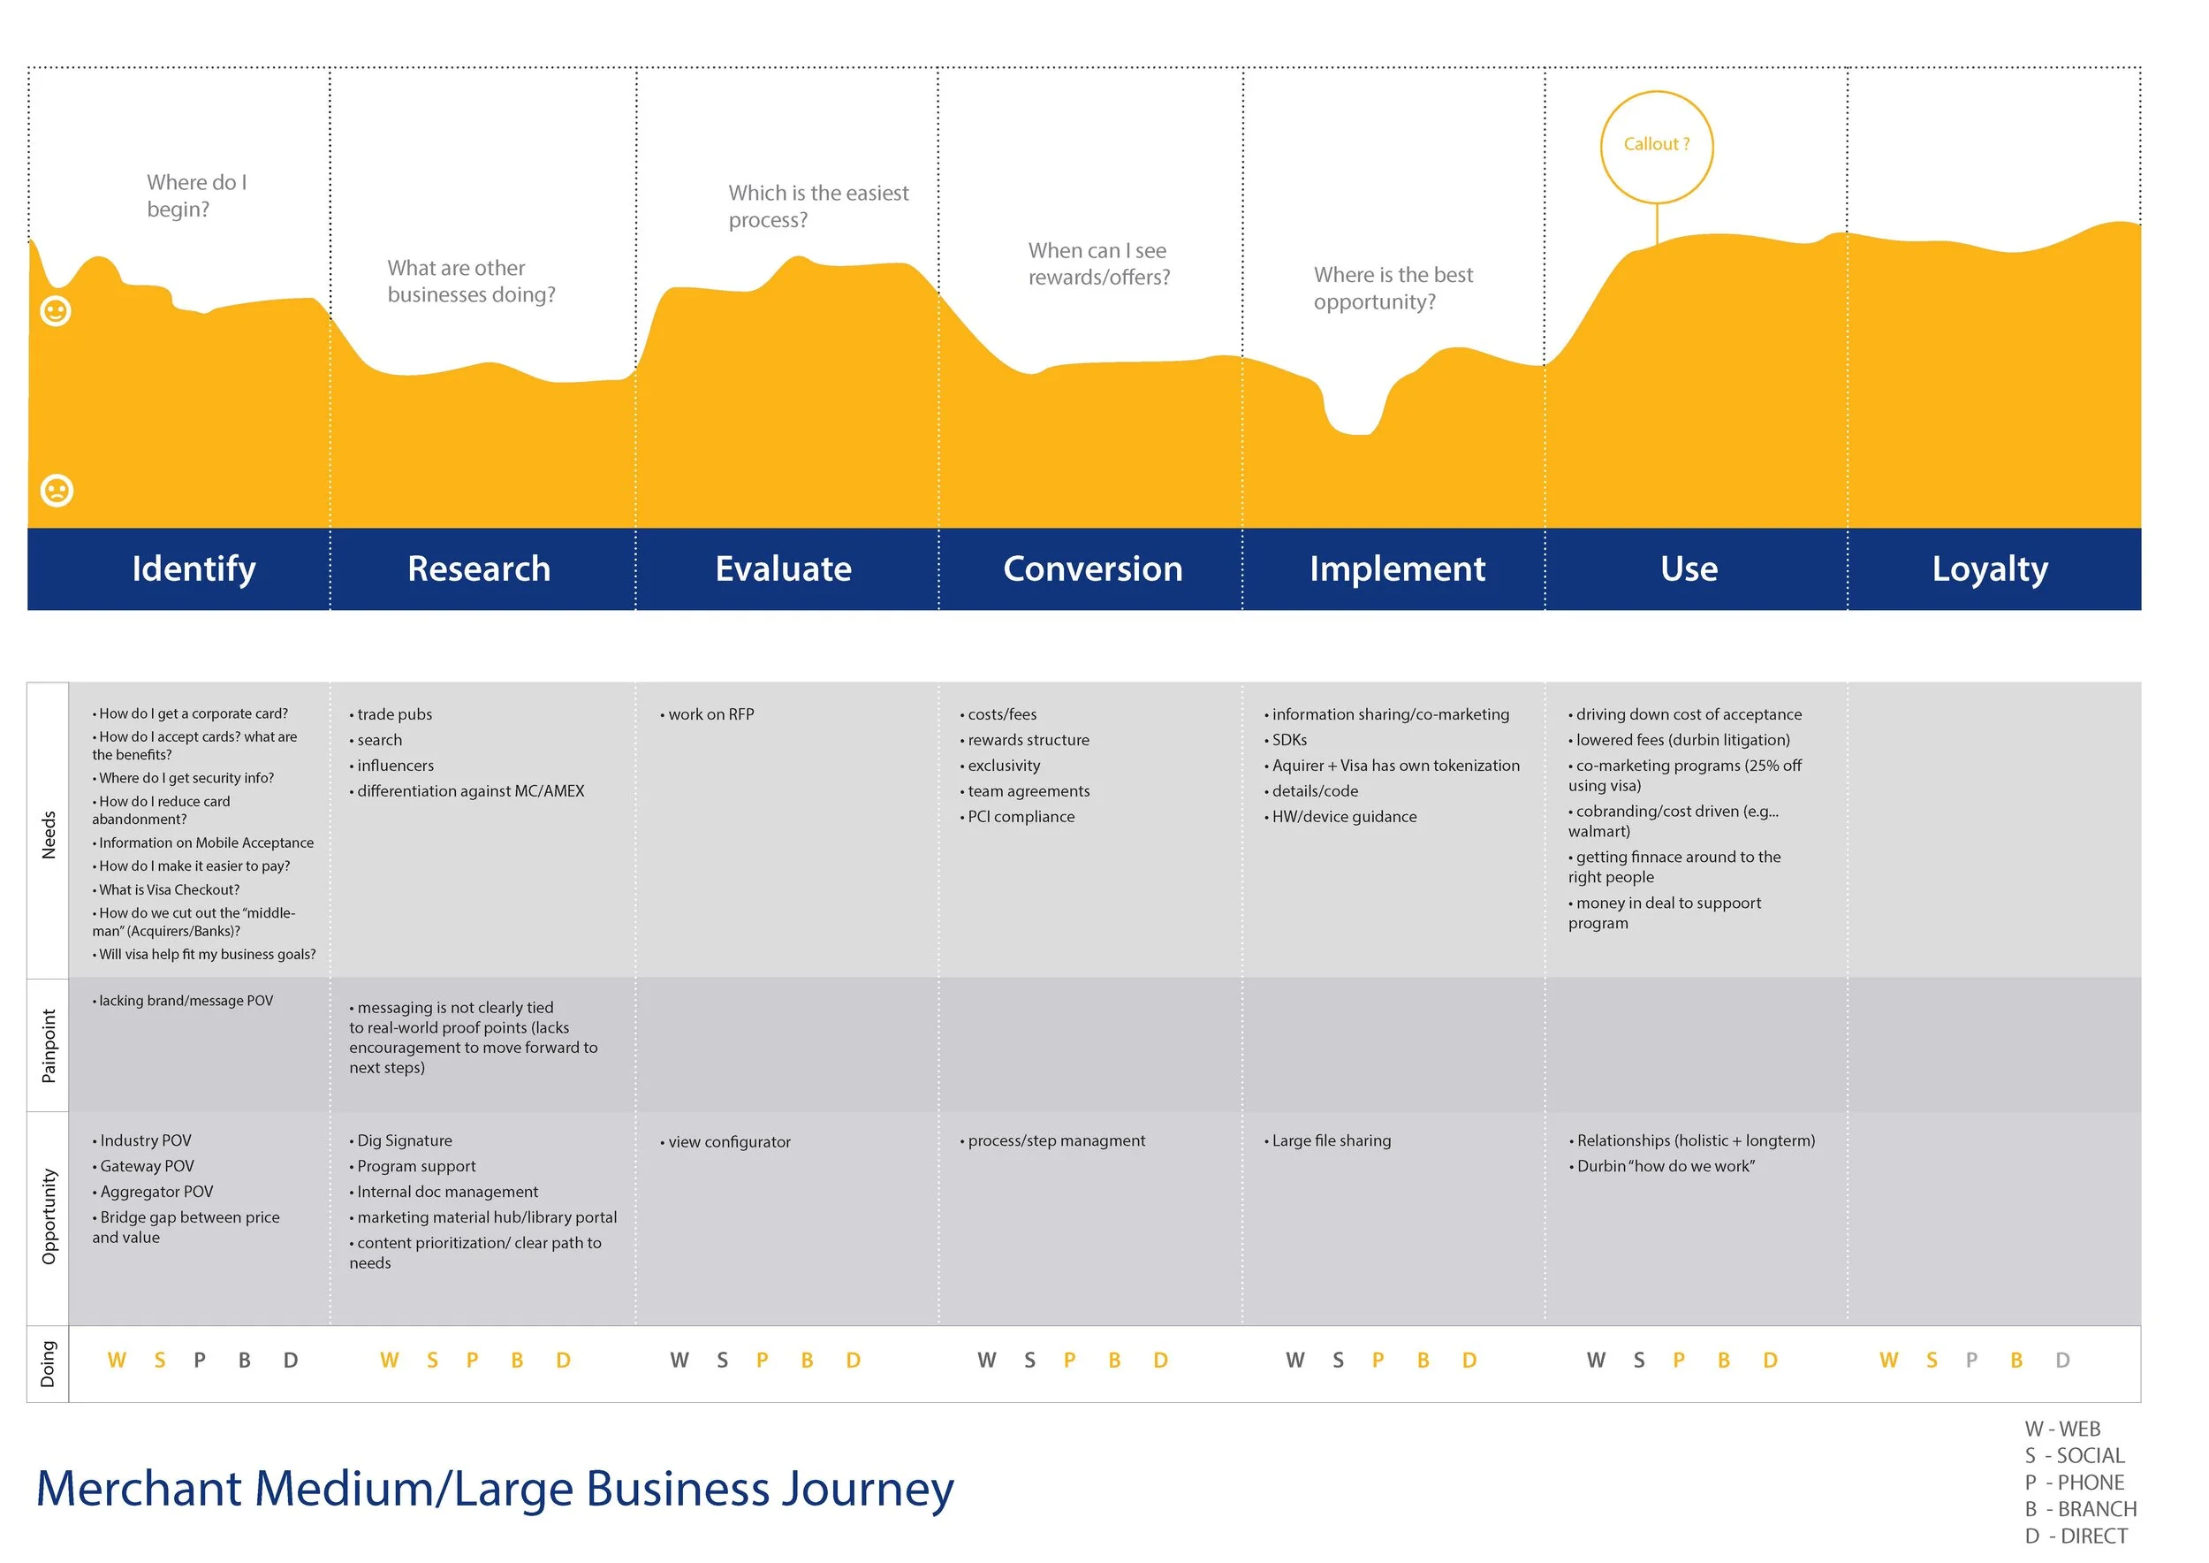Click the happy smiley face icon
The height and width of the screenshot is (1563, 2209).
point(56,311)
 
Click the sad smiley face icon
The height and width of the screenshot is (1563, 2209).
point(57,491)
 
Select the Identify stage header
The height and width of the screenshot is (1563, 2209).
point(194,568)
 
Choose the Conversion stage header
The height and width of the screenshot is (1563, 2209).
point(1092,568)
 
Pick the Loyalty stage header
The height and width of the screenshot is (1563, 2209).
point(1990,568)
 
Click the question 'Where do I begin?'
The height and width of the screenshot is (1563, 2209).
point(196,195)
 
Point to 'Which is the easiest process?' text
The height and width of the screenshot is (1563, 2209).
point(818,206)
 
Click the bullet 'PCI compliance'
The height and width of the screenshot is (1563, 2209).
point(1020,816)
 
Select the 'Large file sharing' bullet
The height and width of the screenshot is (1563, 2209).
point(1330,1140)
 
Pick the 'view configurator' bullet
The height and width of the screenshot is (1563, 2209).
point(728,1141)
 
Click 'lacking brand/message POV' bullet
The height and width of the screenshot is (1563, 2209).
point(185,1001)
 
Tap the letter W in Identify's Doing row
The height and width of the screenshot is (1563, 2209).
point(117,1360)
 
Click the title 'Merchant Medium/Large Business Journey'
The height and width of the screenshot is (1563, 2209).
point(495,1488)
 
